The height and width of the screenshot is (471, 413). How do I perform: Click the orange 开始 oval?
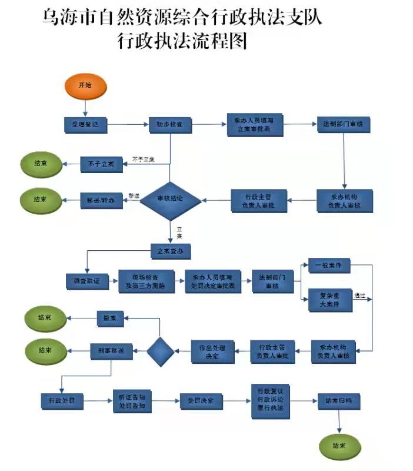tap(85, 86)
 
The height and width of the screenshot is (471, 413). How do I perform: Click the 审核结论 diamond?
tap(170, 200)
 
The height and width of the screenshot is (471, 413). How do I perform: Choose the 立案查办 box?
tap(171, 251)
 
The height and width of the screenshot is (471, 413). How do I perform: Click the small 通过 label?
tap(359, 296)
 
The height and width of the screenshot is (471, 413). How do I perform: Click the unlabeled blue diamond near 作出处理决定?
tap(161, 351)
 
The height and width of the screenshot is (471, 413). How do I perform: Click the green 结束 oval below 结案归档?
tap(340, 446)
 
